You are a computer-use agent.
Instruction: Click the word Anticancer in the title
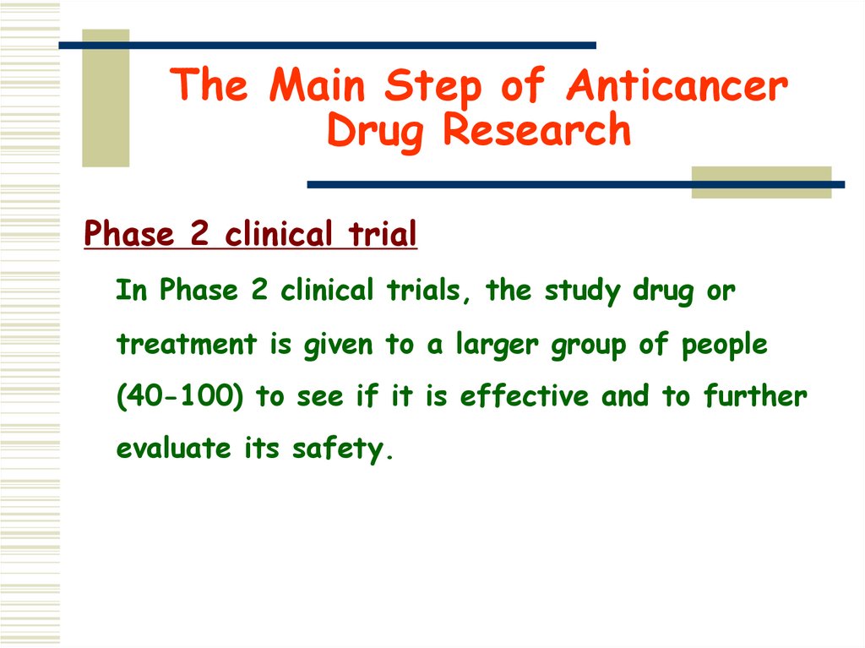[677, 86]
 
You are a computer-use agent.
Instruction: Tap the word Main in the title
[322, 86]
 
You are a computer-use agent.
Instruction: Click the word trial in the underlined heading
[384, 235]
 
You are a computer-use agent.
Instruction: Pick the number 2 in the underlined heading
[199, 235]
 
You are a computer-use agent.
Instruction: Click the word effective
[524, 396]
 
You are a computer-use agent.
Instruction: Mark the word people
[725, 345]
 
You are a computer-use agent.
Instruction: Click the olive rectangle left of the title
[106, 98]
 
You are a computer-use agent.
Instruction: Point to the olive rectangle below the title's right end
[761, 182]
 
